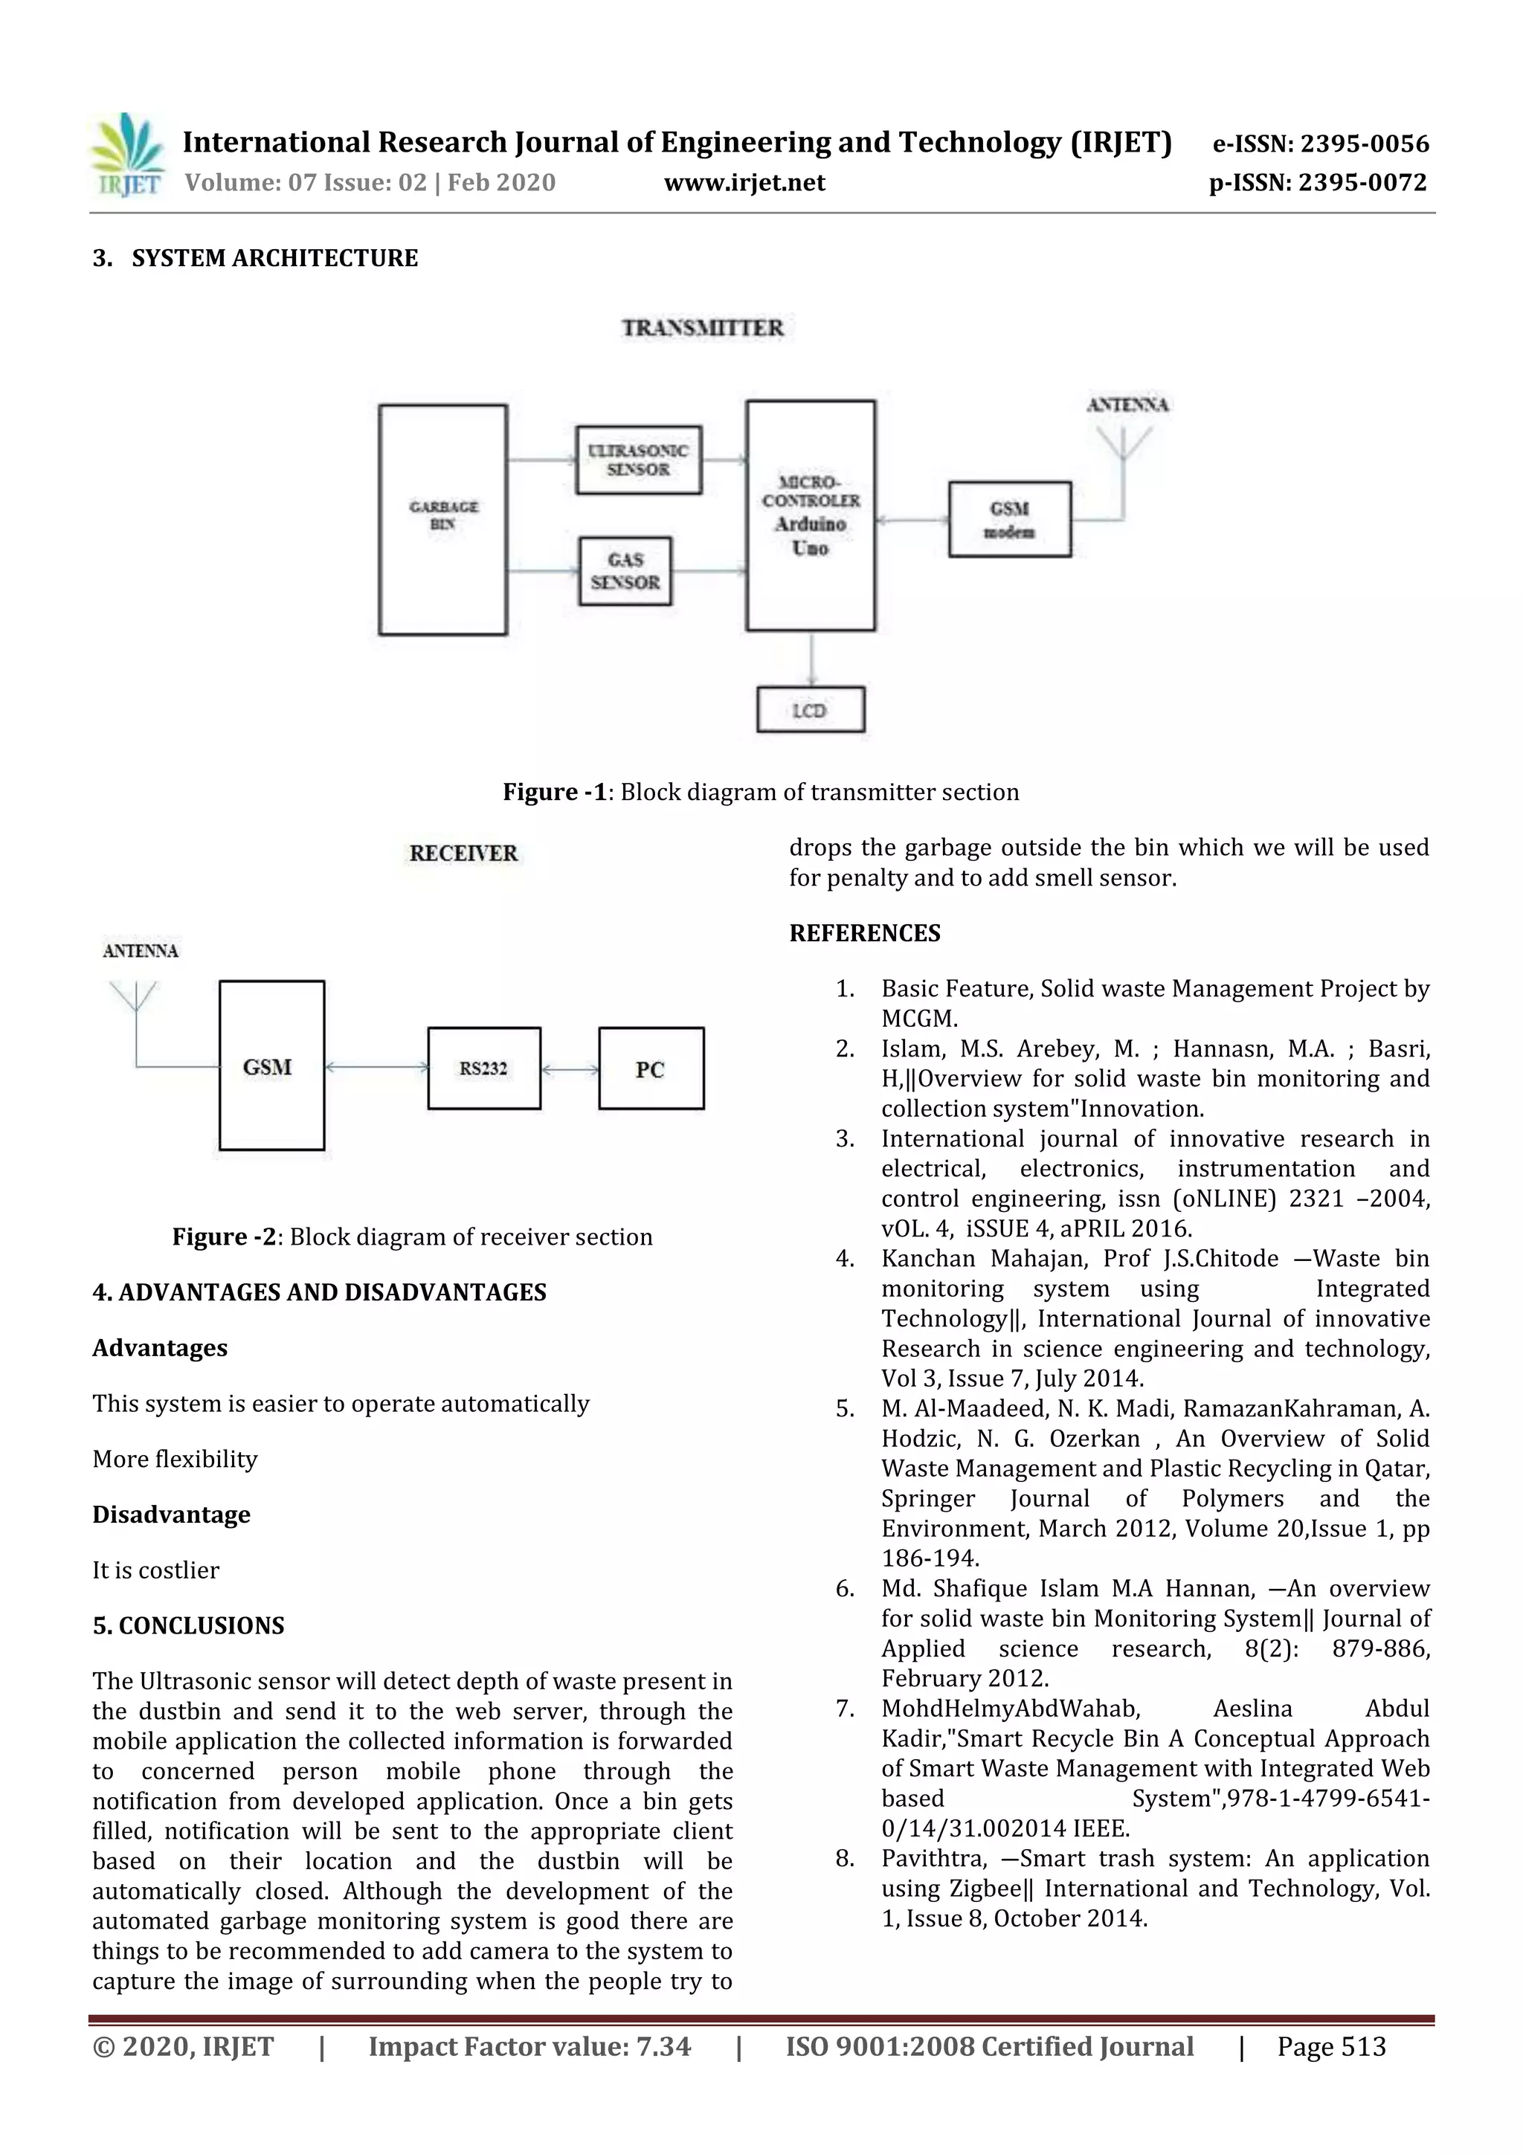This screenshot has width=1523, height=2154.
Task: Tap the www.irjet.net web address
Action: coord(744,183)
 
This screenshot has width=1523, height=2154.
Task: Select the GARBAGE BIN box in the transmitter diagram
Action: coord(443,520)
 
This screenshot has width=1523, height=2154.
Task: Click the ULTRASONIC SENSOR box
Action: coord(638,460)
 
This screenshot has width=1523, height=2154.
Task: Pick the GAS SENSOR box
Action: coord(625,570)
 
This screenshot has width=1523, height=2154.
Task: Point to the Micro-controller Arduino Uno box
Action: coord(811,516)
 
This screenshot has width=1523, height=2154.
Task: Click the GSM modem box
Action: coord(1010,520)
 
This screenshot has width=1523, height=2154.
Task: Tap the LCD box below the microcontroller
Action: coord(810,710)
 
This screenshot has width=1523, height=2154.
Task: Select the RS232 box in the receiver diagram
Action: coord(483,1068)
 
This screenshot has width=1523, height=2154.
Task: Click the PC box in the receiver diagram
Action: coord(650,1068)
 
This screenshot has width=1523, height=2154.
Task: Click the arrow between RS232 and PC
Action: coord(570,1069)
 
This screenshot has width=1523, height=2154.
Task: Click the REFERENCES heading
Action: coord(864,933)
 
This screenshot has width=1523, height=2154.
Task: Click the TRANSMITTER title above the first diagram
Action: coord(702,327)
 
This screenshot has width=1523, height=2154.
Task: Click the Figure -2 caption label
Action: coord(225,1236)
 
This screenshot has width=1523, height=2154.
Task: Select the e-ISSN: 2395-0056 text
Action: coord(1320,144)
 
